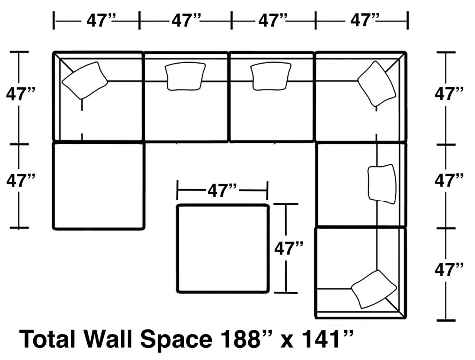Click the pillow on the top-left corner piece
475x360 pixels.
pos(84,80)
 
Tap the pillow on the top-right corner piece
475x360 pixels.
pos(377,84)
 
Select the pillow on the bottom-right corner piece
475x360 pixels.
pos(374,289)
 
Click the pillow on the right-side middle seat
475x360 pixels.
pos(382,184)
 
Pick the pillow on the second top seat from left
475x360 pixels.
pos(185,76)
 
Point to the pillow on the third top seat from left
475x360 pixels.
pos(271,76)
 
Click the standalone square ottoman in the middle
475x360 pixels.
pos(222,248)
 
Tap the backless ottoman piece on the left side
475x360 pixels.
pos(98,186)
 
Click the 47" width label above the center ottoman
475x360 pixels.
pos(222,190)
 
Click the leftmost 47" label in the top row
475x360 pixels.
pos(99,21)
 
